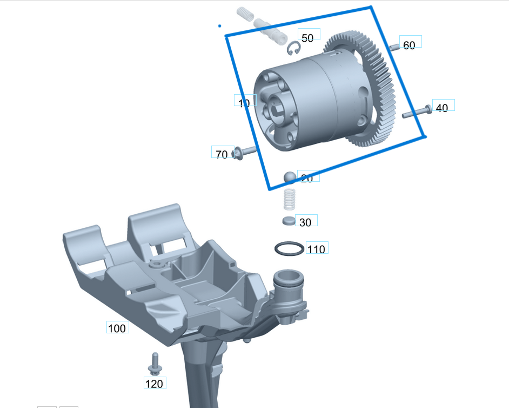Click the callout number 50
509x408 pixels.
(x=307, y=38)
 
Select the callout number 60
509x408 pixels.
(x=410, y=45)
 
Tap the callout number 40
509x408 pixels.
(x=442, y=108)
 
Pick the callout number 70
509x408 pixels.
(x=222, y=155)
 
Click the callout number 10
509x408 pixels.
(x=244, y=103)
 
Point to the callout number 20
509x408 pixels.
(x=307, y=179)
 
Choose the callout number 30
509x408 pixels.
(x=305, y=222)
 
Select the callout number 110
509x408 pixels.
(x=317, y=249)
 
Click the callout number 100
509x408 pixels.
(x=117, y=328)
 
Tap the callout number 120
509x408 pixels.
(x=154, y=384)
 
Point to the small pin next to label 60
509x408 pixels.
(x=394, y=48)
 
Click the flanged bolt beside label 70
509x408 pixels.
(x=244, y=152)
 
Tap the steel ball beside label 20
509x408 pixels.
(x=290, y=177)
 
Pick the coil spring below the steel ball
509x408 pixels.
(x=290, y=200)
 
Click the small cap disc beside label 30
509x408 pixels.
(x=289, y=221)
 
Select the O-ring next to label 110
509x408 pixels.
(x=289, y=249)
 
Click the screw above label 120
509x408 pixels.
(x=155, y=363)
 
